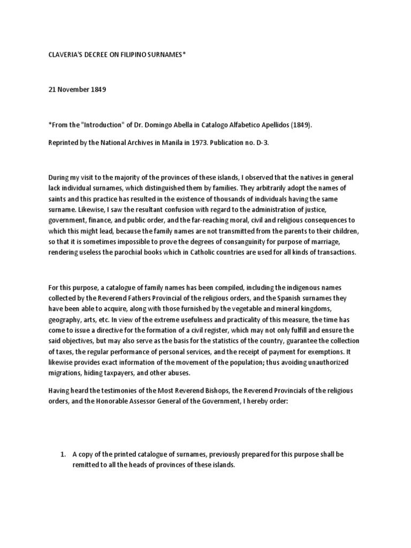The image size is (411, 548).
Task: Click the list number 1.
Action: [63, 454]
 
